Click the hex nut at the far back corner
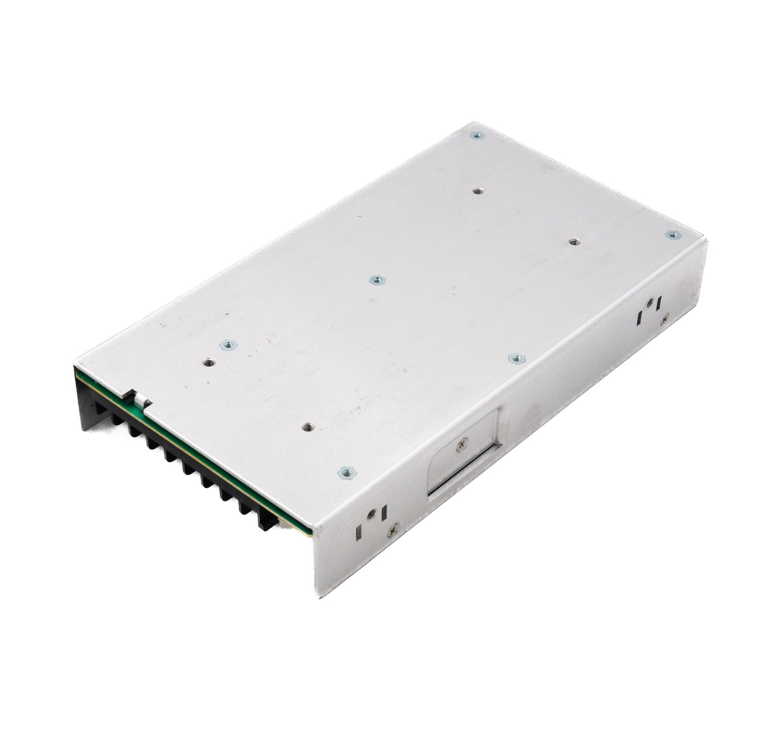pos(474,135)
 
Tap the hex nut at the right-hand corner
pos(672,235)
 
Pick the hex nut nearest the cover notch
pos(226,345)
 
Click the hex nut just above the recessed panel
pos(516,359)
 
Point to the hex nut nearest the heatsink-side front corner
pos(345,472)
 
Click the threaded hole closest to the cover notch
pos(208,362)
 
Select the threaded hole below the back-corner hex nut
pos(478,190)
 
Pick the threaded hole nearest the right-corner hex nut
pos(574,242)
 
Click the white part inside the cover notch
pos(141,399)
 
